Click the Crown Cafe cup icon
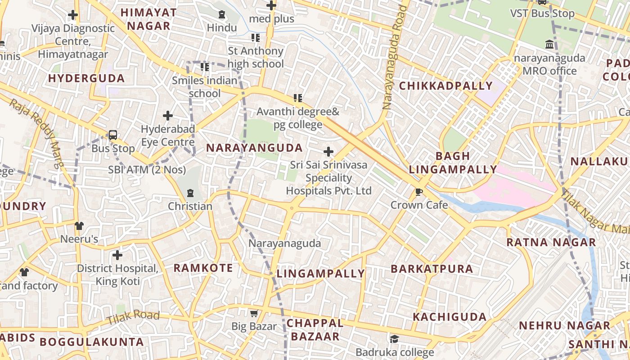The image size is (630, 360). tap(419, 192)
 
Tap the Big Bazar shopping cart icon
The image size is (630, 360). tap(254, 313)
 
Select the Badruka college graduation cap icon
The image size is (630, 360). tap(395, 339)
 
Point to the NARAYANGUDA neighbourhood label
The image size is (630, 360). tap(254, 148)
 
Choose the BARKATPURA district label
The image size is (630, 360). tap(432, 269)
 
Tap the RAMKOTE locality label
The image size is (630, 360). tap(203, 268)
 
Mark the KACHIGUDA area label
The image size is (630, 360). tap(450, 317)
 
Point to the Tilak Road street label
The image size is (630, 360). tap(133, 318)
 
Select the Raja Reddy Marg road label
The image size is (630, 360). tap(36, 134)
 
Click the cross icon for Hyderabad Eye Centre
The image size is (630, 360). tap(168, 116)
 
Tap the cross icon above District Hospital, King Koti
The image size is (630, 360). tap(117, 255)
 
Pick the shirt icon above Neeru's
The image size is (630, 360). tap(79, 225)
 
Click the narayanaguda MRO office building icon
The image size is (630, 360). tap(549, 45)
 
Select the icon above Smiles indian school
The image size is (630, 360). tap(205, 67)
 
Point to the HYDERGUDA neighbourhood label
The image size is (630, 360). tap(86, 78)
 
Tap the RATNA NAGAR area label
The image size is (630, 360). tap(551, 243)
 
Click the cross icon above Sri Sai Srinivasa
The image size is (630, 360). tap(328, 152)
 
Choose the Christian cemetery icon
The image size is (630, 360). tap(190, 193)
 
